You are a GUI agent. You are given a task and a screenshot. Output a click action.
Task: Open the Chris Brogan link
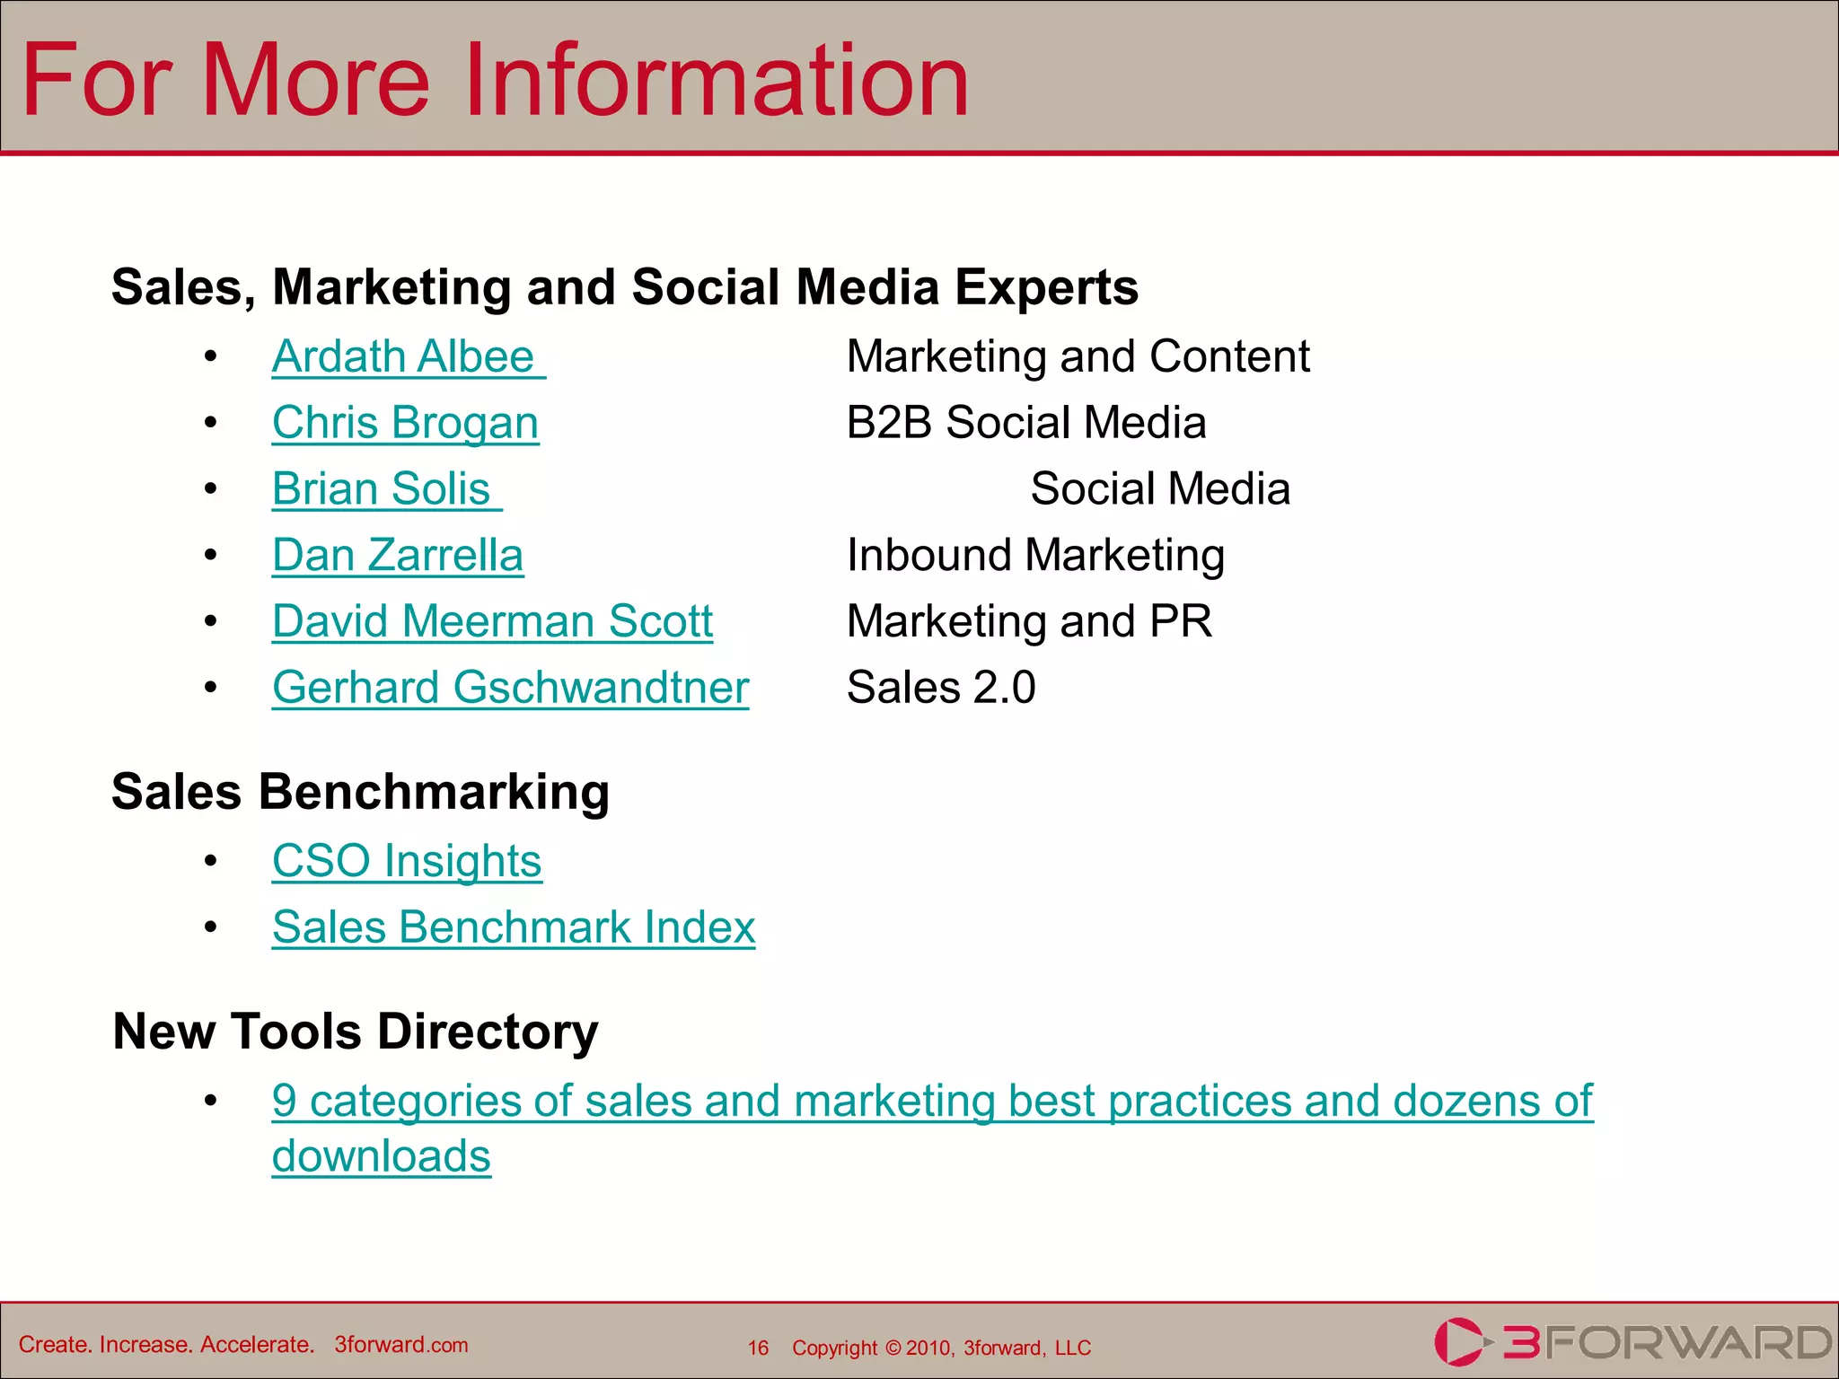[405, 423]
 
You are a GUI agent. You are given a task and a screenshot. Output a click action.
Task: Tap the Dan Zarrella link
[398, 555]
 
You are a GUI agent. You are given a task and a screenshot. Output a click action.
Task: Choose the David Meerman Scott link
[492, 621]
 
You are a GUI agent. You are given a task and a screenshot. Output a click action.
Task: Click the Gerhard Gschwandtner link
[510, 688]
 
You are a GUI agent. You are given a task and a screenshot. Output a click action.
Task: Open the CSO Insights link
[407, 861]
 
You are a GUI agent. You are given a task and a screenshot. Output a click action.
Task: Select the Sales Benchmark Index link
[514, 927]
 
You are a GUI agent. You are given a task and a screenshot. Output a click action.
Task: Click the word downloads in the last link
[382, 1156]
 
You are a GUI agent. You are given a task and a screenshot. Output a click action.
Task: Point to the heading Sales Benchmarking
[360, 792]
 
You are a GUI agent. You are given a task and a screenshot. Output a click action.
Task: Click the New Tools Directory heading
[356, 1031]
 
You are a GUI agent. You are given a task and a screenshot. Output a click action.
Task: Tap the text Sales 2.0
[941, 688]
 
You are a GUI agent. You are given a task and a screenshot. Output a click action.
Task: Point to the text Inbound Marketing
[1035, 555]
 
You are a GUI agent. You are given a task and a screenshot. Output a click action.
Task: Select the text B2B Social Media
[1026, 423]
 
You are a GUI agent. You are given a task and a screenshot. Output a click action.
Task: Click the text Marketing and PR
[1029, 621]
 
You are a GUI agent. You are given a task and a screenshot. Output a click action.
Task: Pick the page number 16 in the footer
[758, 1348]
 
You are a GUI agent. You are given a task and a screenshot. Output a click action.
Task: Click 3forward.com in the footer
[401, 1345]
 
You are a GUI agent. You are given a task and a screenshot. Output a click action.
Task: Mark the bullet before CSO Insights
[210, 861]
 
